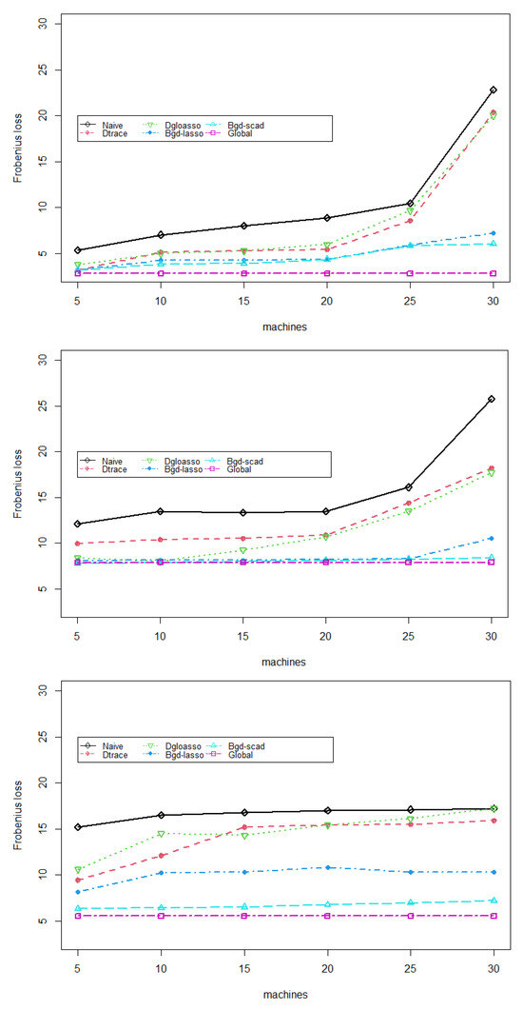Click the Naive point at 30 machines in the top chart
click(x=493, y=89)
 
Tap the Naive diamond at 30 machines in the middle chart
click(x=493, y=399)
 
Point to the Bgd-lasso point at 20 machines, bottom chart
click(x=327, y=867)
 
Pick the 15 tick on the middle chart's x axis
click(x=243, y=634)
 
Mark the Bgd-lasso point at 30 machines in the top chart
click(x=493, y=233)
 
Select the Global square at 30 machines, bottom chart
click(x=493, y=916)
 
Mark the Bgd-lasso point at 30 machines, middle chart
click(x=493, y=538)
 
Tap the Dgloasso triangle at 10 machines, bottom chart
click(x=161, y=834)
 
